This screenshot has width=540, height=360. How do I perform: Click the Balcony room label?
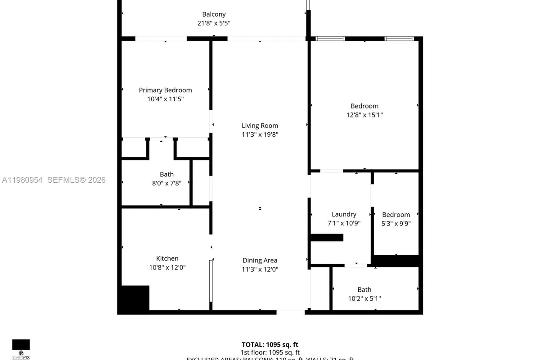point(214,14)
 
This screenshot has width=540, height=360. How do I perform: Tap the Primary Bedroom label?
point(165,90)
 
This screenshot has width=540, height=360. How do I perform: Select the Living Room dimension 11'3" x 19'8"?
point(260,135)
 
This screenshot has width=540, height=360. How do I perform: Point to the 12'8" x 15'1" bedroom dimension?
point(364,115)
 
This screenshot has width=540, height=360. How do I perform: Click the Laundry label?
point(344,214)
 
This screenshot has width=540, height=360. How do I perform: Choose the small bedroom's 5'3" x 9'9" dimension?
point(396,223)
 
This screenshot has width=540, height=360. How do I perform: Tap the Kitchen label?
point(167,258)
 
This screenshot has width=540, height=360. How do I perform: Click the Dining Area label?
point(260,260)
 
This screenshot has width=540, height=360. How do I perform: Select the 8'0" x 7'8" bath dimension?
point(166,183)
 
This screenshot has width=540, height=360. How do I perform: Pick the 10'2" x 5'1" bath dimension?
point(364,298)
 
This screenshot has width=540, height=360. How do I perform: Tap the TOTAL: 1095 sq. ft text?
point(270,344)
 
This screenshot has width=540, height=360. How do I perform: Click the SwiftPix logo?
point(21,349)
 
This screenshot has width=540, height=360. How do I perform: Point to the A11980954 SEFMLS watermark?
point(54,180)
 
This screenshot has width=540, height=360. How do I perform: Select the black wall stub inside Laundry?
point(327,237)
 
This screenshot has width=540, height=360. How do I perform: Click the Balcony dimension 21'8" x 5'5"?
point(214,23)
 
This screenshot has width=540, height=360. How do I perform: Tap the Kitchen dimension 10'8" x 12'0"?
point(167,267)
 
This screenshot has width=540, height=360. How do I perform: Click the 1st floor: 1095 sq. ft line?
point(270,352)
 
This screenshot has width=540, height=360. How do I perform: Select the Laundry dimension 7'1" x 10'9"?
point(344,223)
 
